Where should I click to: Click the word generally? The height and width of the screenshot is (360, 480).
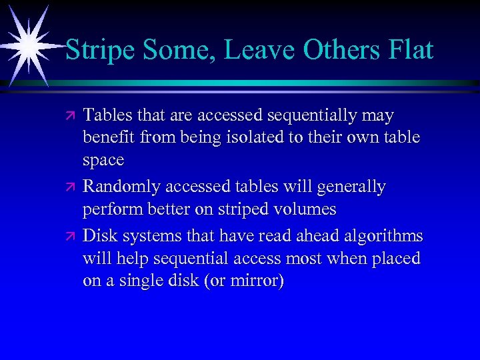point(349,187)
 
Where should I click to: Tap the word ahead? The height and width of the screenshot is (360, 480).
point(312,237)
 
